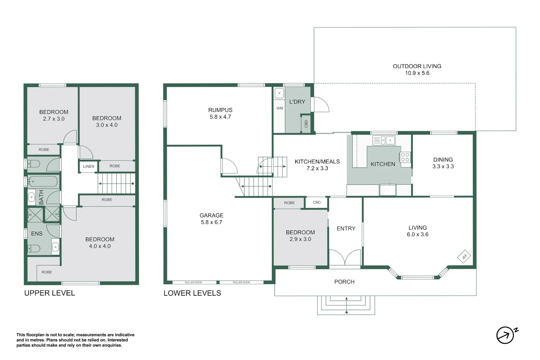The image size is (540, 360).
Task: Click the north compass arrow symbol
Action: click(x=505, y=335)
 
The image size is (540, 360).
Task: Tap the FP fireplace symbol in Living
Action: click(x=464, y=256)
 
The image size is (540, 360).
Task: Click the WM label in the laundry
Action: click(x=280, y=108)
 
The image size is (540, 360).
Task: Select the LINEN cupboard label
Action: click(x=89, y=166)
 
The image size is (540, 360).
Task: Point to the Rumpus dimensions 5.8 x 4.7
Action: click(x=220, y=117)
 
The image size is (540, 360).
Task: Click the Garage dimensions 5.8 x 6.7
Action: click(x=211, y=222)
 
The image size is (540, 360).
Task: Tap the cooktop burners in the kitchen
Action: click(x=405, y=157)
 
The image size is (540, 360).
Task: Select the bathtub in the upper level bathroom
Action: click(x=43, y=182)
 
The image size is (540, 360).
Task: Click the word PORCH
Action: click(x=344, y=282)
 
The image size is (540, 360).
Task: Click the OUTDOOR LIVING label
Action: click(x=417, y=66)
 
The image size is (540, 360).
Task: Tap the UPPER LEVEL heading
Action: click(x=50, y=293)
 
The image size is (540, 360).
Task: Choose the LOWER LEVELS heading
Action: click(x=192, y=293)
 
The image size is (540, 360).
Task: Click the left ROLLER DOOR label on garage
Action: click(x=193, y=282)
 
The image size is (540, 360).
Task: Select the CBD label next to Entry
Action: click(x=317, y=202)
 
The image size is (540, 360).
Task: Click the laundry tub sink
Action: click(x=279, y=93)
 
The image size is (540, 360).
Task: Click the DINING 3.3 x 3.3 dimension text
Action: click(x=443, y=166)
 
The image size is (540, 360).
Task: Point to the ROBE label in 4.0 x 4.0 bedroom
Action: click(x=47, y=272)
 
